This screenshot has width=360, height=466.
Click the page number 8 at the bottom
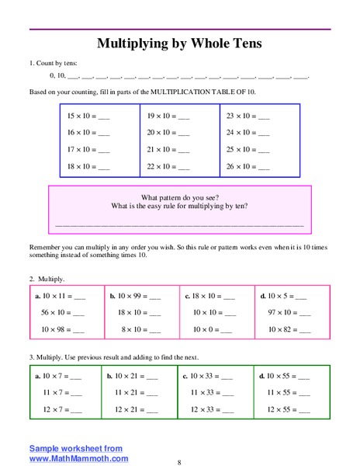tap(179, 462)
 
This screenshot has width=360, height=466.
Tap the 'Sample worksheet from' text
tap(76, 448)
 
